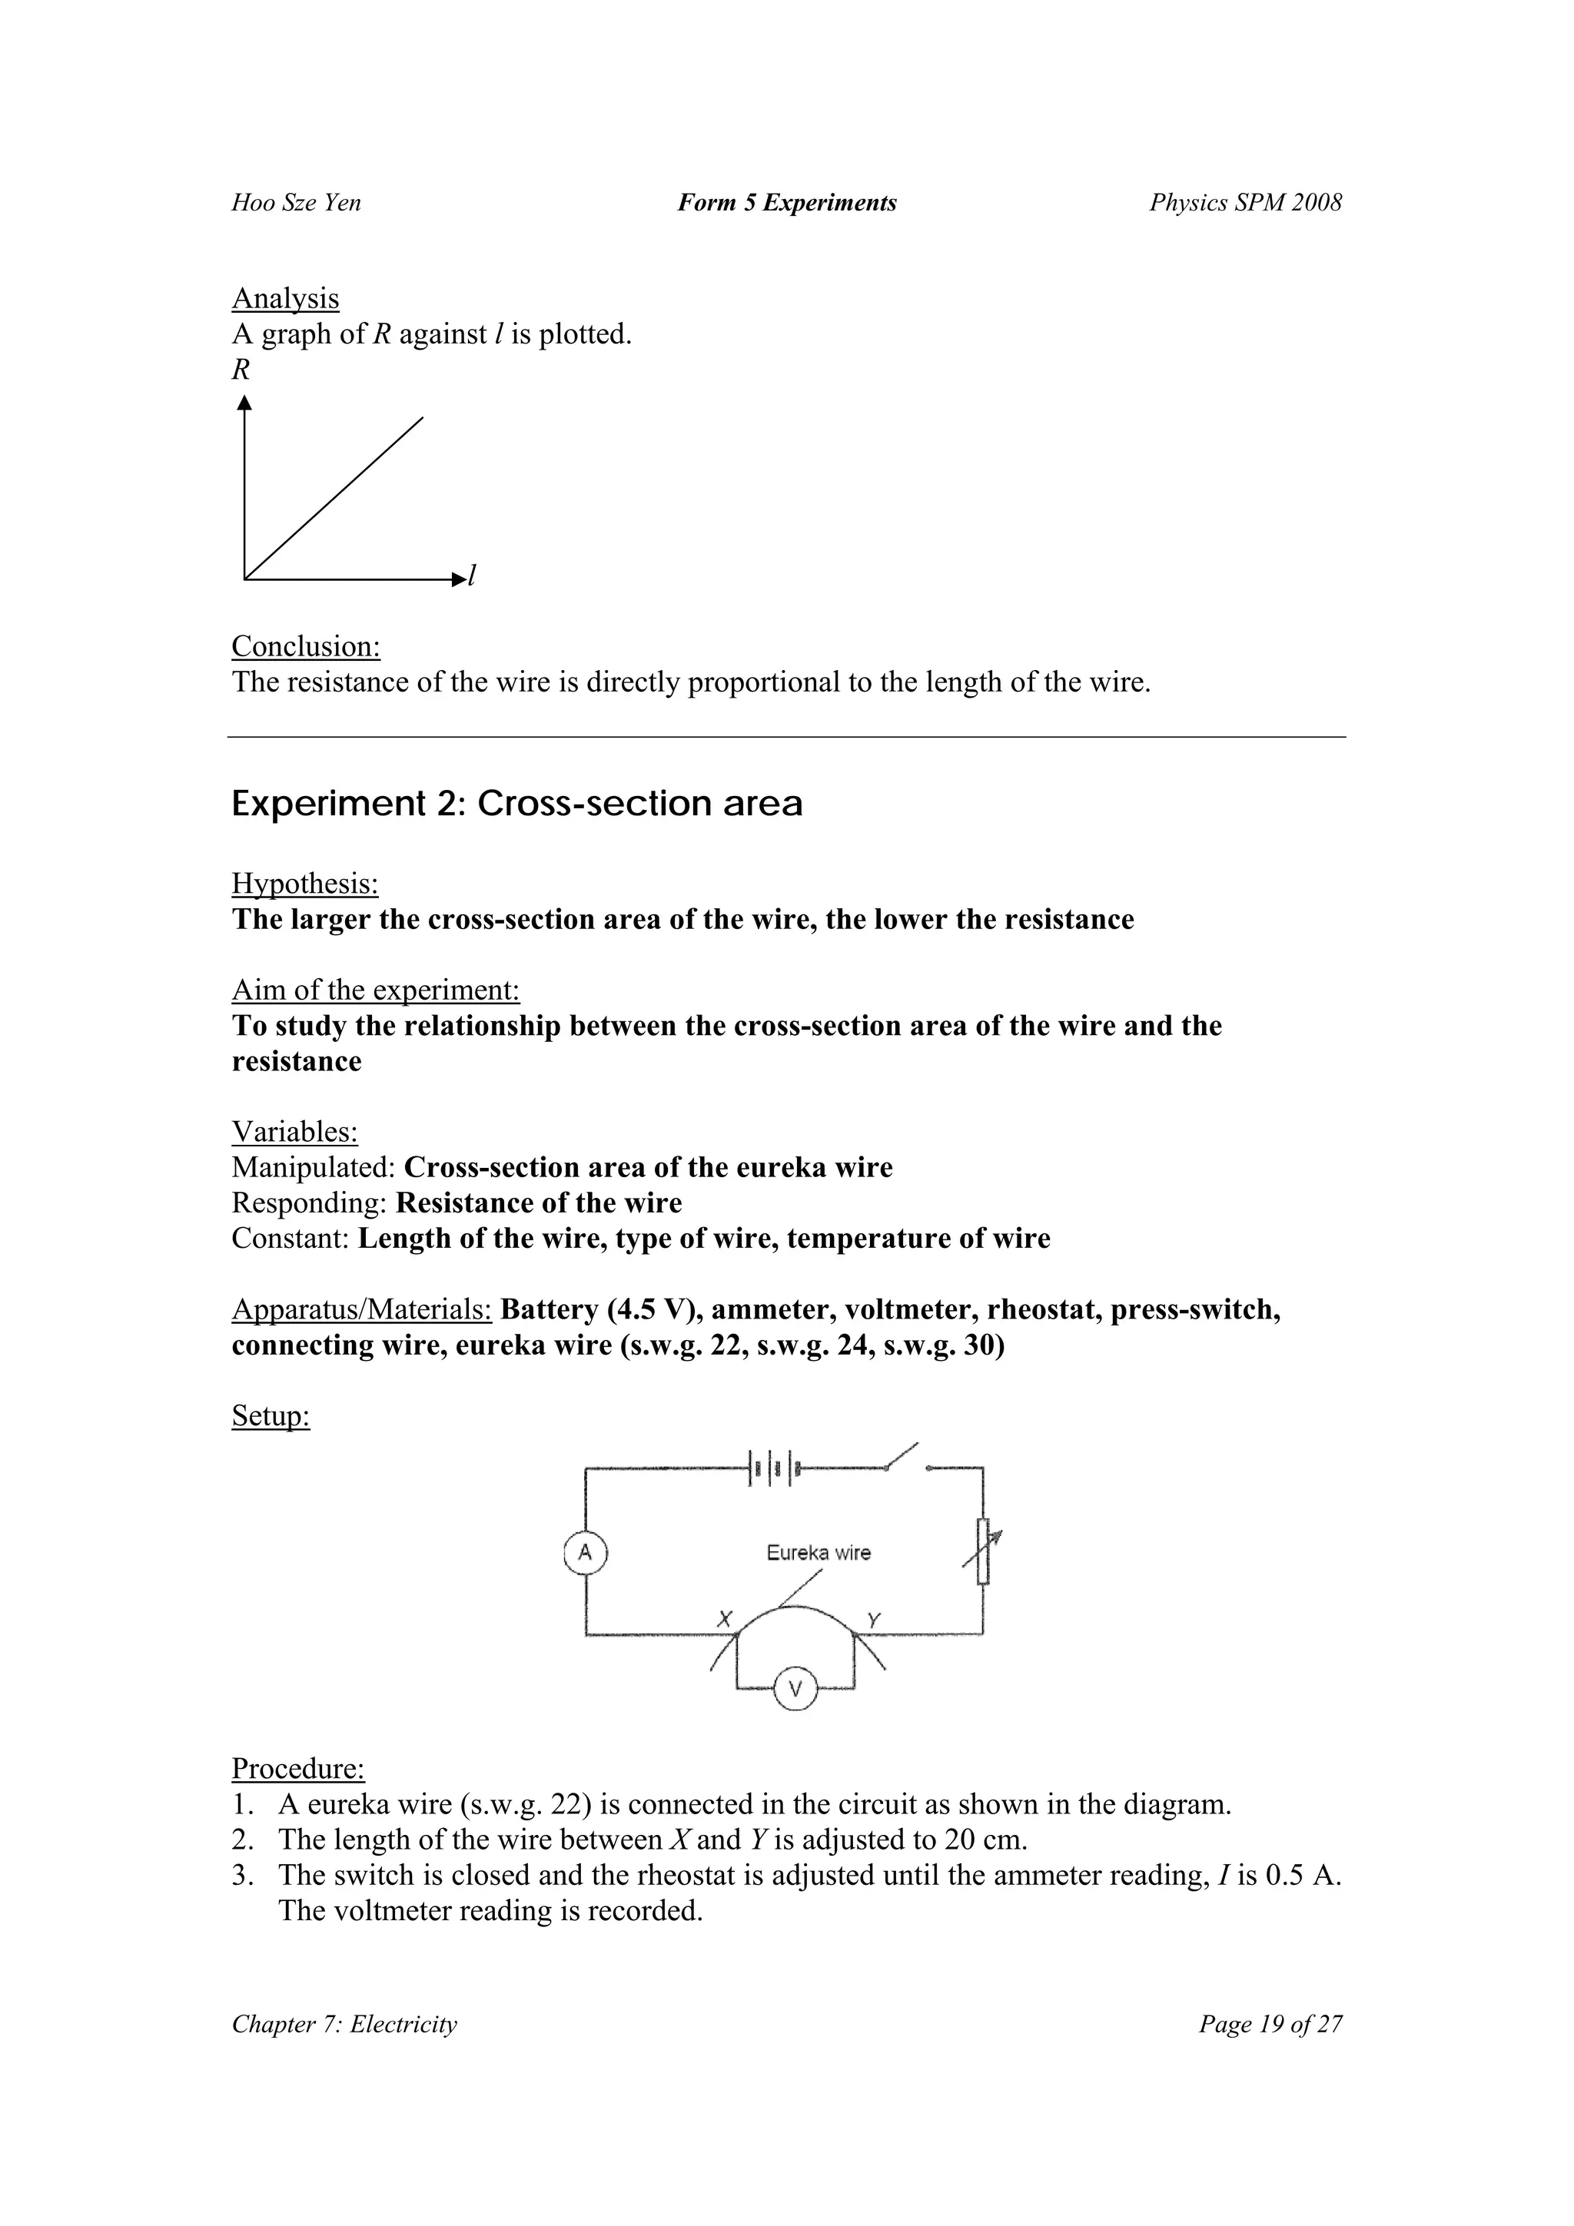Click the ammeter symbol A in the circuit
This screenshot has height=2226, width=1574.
[585, 1552]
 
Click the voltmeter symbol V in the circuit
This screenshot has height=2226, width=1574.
[795, 1690]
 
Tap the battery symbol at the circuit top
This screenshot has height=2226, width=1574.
[773, 1469]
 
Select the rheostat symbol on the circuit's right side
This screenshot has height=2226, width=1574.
[984, 1551]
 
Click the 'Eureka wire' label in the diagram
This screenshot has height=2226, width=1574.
[819, 1552]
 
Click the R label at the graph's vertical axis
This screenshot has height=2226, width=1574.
[241, 370]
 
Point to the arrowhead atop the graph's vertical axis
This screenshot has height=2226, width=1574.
[244, 401]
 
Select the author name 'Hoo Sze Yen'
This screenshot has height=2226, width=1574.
[296, 203]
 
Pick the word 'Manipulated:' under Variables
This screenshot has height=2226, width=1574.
[314, 1167]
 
